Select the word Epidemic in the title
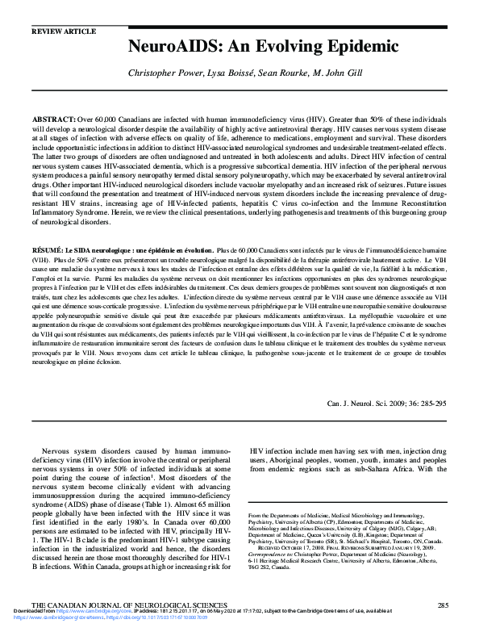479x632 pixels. tap(322, 46)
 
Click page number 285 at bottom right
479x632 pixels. tap(442, 604)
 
